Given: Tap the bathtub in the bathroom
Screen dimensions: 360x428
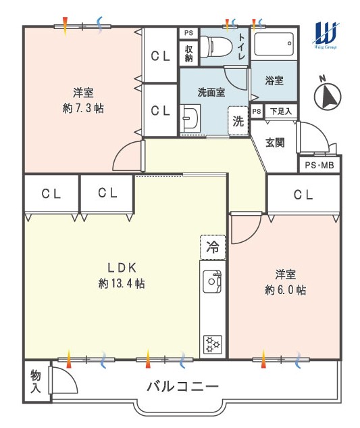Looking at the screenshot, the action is [274, 44].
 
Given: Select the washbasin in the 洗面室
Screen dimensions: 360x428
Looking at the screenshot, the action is [190, 118].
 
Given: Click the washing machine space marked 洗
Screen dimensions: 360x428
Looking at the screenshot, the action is [238, 121].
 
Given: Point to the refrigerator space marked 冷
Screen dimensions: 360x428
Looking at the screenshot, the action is [213, 247].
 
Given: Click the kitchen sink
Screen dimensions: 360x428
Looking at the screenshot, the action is [212, 282].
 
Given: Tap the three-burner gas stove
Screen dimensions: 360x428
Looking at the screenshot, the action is [213, 344].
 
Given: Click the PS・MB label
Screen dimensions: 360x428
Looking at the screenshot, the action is [319, 165].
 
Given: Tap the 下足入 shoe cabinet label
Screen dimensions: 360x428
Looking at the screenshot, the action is [281, 112].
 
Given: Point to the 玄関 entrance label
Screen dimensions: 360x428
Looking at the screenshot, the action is [275, 142].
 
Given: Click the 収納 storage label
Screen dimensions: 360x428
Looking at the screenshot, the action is [188, 53].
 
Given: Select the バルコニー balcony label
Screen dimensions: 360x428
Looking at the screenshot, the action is [183, 387].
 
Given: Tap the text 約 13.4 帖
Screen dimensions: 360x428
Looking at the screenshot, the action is [122, 284].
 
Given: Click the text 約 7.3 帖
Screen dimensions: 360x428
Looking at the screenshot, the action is [83, 109].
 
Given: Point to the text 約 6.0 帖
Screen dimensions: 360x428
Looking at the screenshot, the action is [285, 290].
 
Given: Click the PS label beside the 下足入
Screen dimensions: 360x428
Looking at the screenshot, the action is [257, 112].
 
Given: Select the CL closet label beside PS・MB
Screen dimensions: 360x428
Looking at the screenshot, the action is [303, 195].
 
